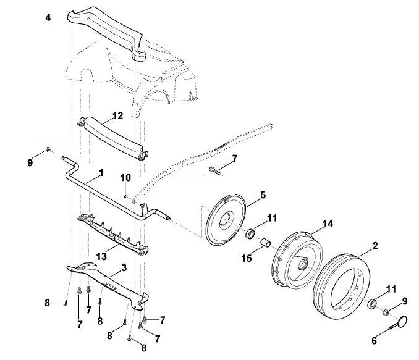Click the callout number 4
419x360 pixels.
coord(48,18)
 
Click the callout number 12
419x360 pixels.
coord(117,115)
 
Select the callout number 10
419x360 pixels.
coord(125,178)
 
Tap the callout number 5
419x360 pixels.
coord(263,195)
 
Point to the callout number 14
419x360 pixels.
coord(328,224)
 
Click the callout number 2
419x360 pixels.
coord(375,246)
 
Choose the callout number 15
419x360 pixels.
coord(247,258)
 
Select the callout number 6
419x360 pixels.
coord(374,340)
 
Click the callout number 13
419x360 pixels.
coord(101,257)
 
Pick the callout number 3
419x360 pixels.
coord(124,268)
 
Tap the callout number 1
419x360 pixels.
coord(101,172)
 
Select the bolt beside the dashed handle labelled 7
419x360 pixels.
coord(215,170)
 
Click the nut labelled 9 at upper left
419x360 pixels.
coord(48,149)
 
